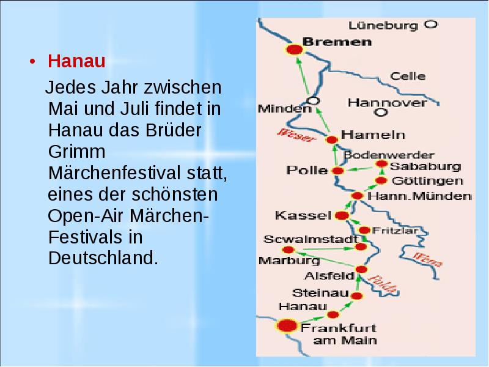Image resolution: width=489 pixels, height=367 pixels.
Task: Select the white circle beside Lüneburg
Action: coord(431,25)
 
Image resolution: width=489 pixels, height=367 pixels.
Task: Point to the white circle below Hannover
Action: coord(381,113)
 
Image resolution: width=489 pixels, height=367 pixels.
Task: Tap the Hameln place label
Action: coord(365,134)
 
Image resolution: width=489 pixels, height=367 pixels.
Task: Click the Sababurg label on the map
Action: coord(417,166)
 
